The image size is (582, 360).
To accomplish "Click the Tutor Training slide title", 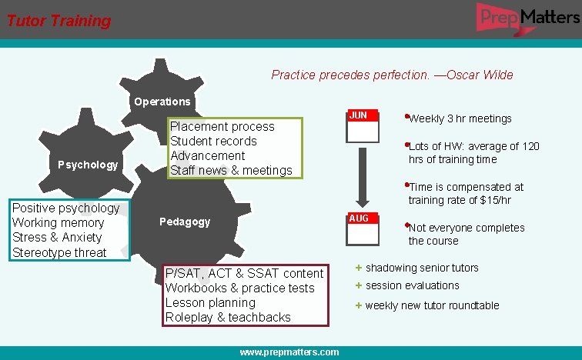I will [59, 21].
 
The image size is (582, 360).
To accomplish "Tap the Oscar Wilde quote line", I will [392, 75].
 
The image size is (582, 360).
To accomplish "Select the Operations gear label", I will [162, 102].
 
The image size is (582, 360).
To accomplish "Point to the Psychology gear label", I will [88, 165].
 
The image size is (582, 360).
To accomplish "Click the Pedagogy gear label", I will [185, 222].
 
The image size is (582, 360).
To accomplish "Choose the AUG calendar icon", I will [362, 228].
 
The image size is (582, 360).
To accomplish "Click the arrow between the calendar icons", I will [362, 178].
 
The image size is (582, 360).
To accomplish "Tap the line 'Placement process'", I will [222, 127].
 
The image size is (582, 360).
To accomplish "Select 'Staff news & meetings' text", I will [231, 170].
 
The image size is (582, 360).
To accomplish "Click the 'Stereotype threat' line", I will [59, 252].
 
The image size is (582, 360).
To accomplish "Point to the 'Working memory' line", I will [58, 223].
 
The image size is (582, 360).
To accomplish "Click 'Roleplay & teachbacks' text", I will [228, 317].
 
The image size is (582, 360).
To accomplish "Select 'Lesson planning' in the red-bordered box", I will [210, 302].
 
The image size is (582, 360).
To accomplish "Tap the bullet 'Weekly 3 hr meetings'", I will [460, 118].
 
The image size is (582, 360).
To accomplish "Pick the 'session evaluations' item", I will [412, 285].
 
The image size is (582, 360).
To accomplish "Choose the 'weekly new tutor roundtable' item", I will [432, 305].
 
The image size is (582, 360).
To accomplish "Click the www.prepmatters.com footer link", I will [289, 352].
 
